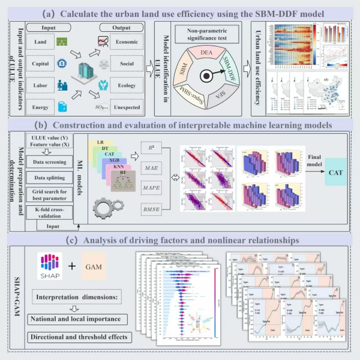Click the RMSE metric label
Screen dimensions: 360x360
pyautogui.click(x=152, y=209)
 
